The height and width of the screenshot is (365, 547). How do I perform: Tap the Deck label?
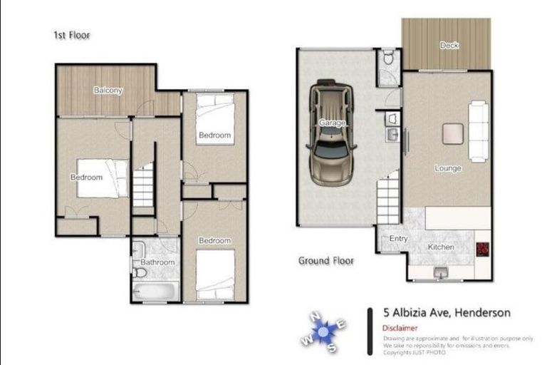pyautogui.click(x=449, y=46)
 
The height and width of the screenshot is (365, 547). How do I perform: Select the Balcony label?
pyautogui.click(x=108, y=91)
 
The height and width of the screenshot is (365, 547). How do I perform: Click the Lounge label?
pyautogui.click(x=448, y=169)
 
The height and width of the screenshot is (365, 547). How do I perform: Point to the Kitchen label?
pyautogui.click(x=440, y=247)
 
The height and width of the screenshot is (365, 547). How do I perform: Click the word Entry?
pyautogui.click(x=398, y=238)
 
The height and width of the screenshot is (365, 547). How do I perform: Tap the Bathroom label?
pyautogui.click(x=158, y=262)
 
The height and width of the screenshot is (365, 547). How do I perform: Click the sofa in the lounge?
pyautogui.click(x=478, y=131)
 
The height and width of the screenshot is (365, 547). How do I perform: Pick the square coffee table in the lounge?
pyautogui.click(x=452, y=133)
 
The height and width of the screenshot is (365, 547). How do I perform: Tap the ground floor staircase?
pyautogui.click(x=388, y=200)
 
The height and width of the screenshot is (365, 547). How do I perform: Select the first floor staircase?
pyautogui.click(x=143, y=185)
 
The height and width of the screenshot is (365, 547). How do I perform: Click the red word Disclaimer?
pyautogui.click(x=400, y=328)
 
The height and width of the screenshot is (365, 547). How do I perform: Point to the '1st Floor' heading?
pyautogui.click(x=71, y=35)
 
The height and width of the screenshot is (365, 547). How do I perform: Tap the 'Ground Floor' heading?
pyautogui.click(x=325, y=261)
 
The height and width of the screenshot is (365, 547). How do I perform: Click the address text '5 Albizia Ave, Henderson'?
pyautogui.click(x=447, y=312)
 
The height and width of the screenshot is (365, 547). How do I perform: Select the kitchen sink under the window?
pyautogui.click(x=439, y=272)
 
